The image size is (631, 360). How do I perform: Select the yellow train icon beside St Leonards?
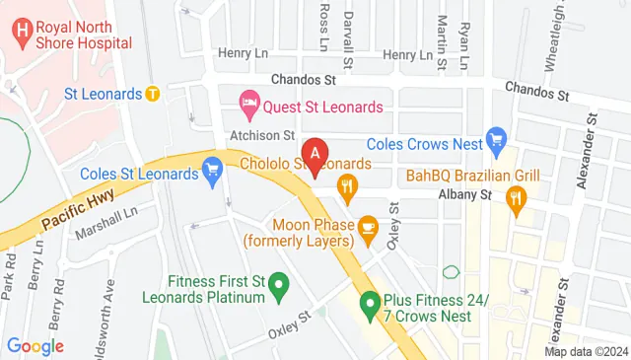point(152,95)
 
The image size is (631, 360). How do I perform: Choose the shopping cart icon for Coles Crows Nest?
point(496,137)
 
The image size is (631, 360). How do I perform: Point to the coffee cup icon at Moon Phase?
point(369,228)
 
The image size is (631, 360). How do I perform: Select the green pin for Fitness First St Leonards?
point(279,288)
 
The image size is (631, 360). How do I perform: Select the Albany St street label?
point(471,195)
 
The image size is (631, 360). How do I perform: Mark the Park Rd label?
point(11,276)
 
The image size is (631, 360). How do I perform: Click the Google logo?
point(35,346)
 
